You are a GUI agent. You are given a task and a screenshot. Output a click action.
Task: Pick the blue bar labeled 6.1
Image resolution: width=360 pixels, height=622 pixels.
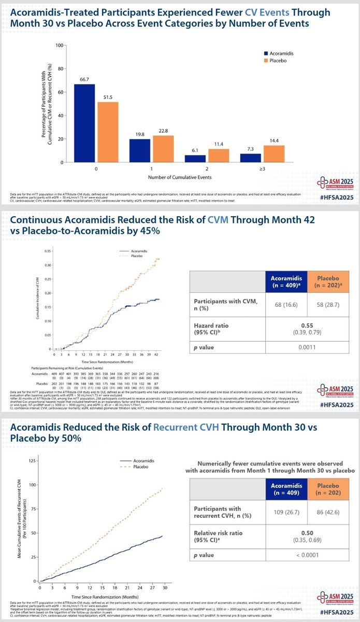click(x=196, y=159)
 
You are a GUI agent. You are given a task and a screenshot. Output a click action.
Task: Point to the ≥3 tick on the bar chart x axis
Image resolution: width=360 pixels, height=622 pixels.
click(x=263, y=168)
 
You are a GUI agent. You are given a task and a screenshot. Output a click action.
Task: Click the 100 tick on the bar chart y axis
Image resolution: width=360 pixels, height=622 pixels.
click(x=60, y=45)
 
